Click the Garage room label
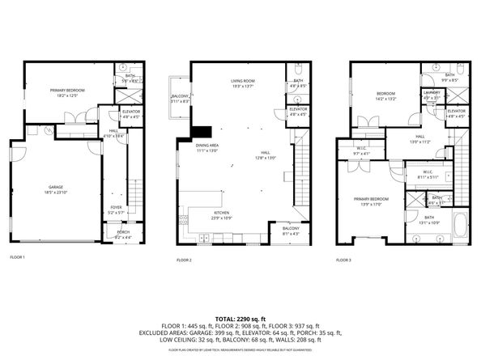pos(54,188)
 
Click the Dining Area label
pos(208,147)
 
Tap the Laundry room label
pos(431,93)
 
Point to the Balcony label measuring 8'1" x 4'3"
pos(292,231)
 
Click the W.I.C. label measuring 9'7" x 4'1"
pos(362,150)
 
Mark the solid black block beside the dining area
pos(198,133)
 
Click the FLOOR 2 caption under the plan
pos(184,260)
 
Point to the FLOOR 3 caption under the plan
pos(344,260)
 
